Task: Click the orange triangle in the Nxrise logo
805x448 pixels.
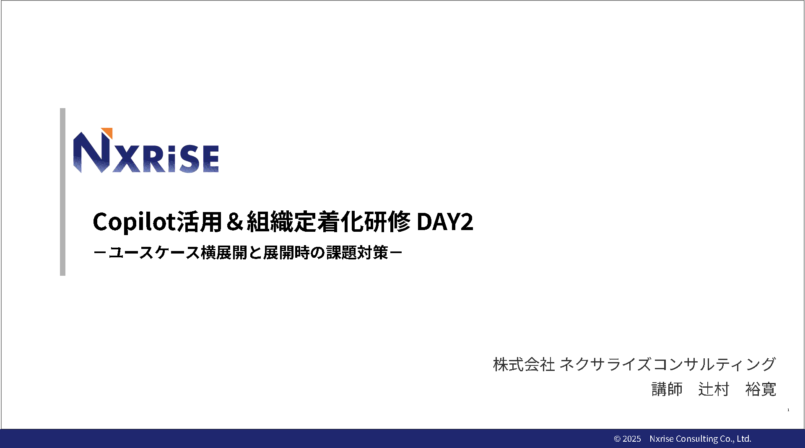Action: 109,132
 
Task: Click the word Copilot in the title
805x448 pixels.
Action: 134,222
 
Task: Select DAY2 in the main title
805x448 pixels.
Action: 445,222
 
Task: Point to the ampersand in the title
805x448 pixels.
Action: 235,222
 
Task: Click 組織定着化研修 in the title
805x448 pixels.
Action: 329,221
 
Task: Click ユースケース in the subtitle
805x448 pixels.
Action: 154,252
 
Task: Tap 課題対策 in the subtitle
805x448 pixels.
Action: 357,252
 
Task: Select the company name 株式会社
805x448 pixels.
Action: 524,364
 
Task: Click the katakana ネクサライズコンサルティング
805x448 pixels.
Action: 668,364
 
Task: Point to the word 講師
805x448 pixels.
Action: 667,389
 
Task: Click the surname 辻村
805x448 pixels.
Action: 714,389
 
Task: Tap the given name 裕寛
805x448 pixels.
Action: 761,389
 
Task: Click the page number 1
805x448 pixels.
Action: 788,410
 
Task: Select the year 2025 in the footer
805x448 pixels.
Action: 632,439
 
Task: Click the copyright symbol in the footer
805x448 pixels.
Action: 617,439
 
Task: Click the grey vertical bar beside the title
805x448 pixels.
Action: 62,192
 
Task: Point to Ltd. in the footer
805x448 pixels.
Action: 744,439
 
